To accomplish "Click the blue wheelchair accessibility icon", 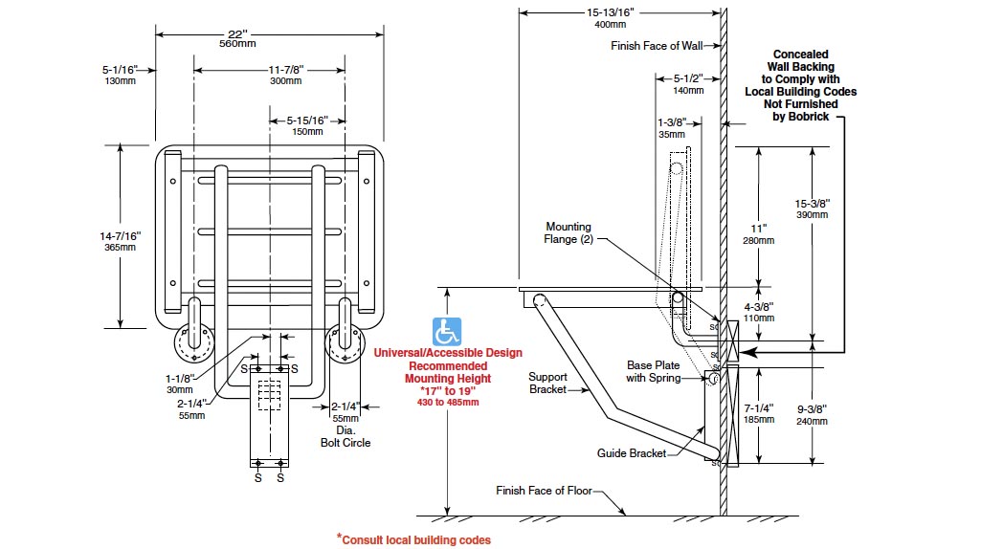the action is point(447,331).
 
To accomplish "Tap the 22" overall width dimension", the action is point(237,38).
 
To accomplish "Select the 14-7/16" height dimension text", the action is point(121,241).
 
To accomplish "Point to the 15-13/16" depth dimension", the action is point(610,17).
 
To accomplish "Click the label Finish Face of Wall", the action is point(657,46).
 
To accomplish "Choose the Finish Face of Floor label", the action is point(544,491).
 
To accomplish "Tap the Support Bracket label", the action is point(547,383).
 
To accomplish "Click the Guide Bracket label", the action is point(632,453).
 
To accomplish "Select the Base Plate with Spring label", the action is point(653,371).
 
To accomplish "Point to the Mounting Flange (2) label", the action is point(569,232).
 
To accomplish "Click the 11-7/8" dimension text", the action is point(286,75).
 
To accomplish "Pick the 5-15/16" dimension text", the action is point(307,125).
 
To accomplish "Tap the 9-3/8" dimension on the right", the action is point(813,415).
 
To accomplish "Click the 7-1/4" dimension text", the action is point(759,414).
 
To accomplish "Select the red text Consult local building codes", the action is point(413,539).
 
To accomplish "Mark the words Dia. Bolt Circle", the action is point(346,436).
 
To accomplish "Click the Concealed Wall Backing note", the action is point(801,86).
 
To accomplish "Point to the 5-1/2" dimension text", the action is point(688,84).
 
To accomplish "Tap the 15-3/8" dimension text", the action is point(813,209).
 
